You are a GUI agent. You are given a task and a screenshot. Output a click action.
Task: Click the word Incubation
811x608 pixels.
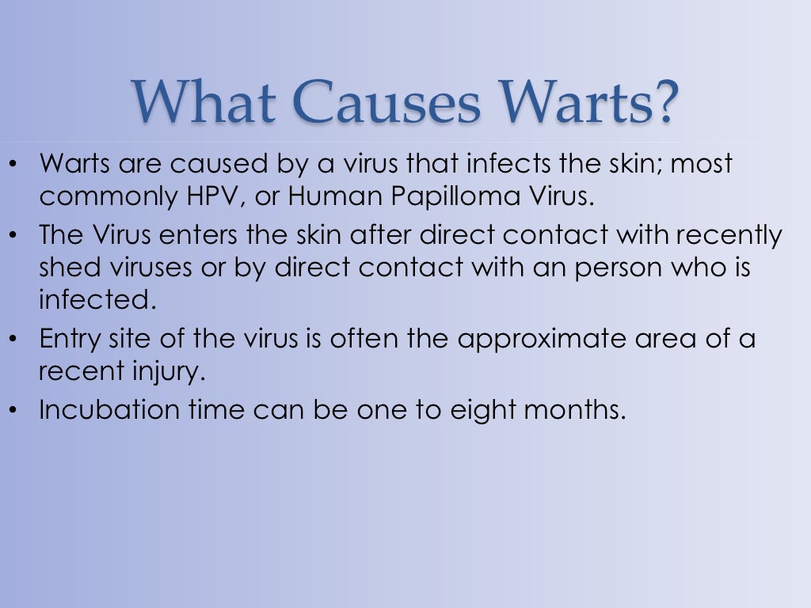[x=105, y=410]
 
